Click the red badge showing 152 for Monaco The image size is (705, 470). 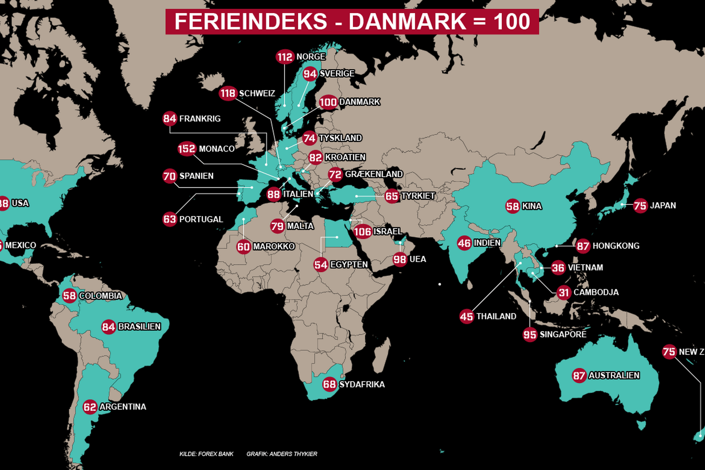click(x=186, y=149)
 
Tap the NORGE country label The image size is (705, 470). click(x=311, y=56)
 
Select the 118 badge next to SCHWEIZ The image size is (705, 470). click(x=228, y=93)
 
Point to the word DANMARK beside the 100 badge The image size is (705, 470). click(x=359, y=102)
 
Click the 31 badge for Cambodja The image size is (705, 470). click(x=564, y=292)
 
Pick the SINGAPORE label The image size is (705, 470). click(x=563, y=334)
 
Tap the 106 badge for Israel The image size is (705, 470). click(x=362, y=231)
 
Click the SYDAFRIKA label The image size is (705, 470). click(x=362, y=384)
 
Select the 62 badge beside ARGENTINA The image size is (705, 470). click(x=90, y=407)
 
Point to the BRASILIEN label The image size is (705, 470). click(x=139, y=327)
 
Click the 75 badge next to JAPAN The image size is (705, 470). click(x=640, y=206)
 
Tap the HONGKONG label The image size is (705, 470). click(x=616, y=246)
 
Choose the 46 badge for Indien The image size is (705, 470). click(x=464, y=243)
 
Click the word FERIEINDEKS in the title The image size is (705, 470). click(x=251, y=21)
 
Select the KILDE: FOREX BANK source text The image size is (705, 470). click(x=206, y=454)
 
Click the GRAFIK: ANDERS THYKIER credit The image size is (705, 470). click(x=281, y=454)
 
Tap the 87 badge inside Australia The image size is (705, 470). click(x=579, y=375)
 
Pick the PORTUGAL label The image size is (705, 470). click(x=201, y=219)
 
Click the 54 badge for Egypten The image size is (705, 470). click(x=321, y=264)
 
